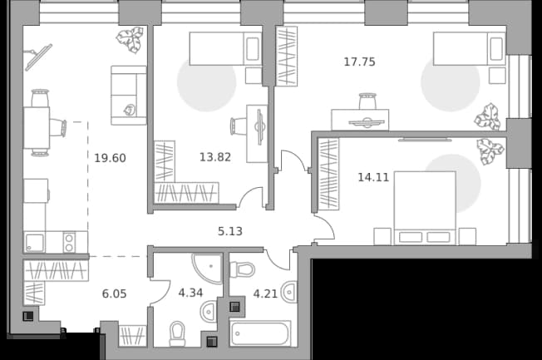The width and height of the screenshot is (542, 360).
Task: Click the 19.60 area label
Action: [x=110, y=158]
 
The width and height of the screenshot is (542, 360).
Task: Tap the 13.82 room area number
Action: [x=215, y=157]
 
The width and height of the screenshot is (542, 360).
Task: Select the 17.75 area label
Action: [x=359, y=62]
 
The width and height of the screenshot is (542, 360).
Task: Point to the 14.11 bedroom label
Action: [x=373, y=177]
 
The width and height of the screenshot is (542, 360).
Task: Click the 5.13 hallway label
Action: [x=230, y=231]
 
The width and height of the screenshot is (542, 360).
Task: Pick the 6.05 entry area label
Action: [x=115, y=293]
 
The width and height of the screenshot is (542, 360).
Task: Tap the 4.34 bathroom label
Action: [x=190, y=293]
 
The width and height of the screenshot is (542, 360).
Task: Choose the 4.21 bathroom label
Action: [x=265, y=293]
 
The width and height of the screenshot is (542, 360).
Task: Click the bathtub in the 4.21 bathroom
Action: [x=261, y=333]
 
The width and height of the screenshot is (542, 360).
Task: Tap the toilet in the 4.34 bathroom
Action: [x=178, y=334]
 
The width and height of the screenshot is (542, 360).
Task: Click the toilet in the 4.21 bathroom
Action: [x=242, y=269]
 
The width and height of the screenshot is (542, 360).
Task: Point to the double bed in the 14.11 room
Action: [x=425, y=208]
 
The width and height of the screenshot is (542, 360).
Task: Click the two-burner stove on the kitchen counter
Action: [x=69, y=242]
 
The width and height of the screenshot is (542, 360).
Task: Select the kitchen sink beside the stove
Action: [x=35, y=243]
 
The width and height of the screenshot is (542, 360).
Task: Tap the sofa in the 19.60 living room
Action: [x=129, y=95]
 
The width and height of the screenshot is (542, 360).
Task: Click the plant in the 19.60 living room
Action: [x=130, y=40]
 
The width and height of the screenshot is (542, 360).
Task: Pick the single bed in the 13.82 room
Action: [x=225, y=49]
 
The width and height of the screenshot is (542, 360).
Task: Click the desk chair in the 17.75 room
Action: [x=367, y=101]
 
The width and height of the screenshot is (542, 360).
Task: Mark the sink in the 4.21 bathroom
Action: [x=289, y=292]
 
